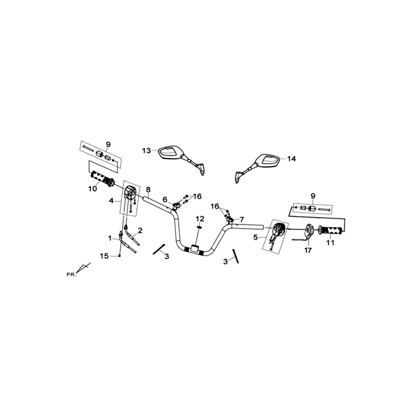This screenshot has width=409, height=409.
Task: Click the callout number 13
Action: [x=146, y=151]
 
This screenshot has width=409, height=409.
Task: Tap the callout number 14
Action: [x=291, y=159]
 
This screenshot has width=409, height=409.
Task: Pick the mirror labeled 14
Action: [x=258, y=166]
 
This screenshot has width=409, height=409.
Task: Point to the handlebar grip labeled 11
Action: [x=330, y=230]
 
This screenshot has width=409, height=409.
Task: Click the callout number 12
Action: [x=200, y=218]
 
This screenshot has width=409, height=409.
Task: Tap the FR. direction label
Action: [x=71, y=275]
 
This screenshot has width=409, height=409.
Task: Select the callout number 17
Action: [x=308, y=250]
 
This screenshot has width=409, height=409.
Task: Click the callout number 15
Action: [x=104, y=256]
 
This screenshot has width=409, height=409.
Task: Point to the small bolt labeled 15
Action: [x=119, y=256]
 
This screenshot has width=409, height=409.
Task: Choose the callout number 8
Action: [x=148, y=189]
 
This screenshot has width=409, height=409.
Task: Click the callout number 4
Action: [x=111, y=201]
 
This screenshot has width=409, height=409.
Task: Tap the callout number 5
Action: [x=255, y=237]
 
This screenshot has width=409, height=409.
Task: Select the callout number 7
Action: [x=242, y=219]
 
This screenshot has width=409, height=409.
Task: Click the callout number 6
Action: [x=165, y=200]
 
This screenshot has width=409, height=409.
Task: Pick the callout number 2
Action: [x=140, y=230]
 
